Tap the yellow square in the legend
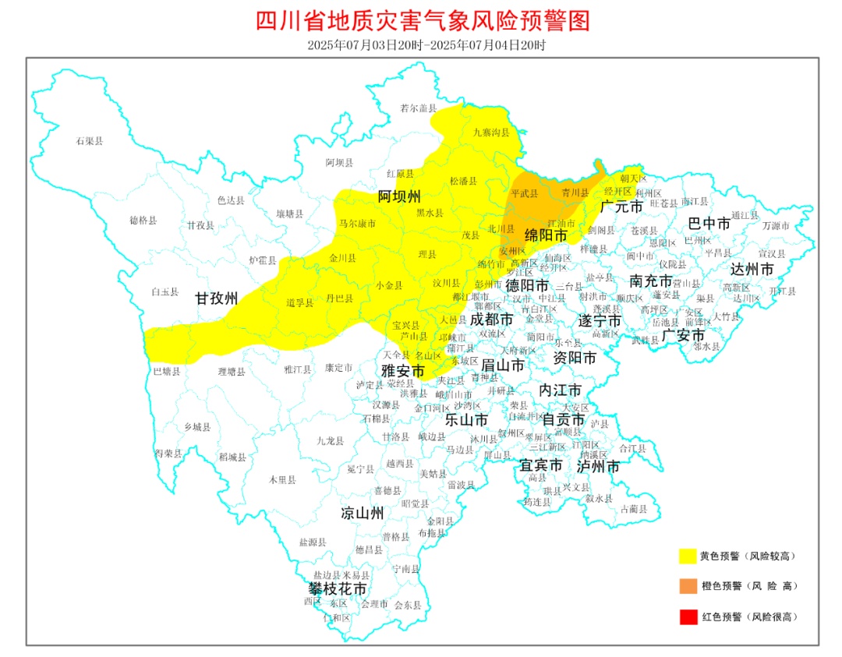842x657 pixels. coord(687,556)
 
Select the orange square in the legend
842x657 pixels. coord(687,585)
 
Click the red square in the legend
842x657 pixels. coord(687,616)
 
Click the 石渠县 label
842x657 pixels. coord(90,141)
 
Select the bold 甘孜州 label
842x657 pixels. coord(216,298)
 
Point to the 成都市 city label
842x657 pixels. coord(491,319)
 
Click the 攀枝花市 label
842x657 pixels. coord(336,588)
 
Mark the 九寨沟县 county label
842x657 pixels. coord(490,132)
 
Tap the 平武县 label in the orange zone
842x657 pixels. coord(524,193)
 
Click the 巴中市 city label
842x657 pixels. coord(709,224)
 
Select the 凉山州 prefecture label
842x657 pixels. coord(363,513)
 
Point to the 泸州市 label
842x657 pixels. coord(598,466)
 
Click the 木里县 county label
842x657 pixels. coord(282,480)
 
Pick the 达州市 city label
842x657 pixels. coord(752,270)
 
